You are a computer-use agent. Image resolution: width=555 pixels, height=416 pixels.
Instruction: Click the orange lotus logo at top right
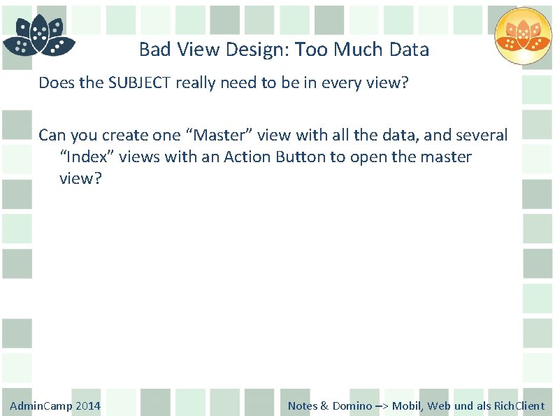pyautogui.click(x=523, y=36)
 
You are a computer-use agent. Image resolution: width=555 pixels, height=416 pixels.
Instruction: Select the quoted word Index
pyautogui.click(x=85, y=157)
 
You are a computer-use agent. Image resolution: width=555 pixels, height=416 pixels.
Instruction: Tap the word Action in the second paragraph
pyautogui.click(x=247, y=157)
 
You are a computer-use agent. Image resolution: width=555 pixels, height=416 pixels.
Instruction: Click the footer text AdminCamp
pyautogui.click(x=41, y=406)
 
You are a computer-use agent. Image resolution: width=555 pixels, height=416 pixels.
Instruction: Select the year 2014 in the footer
pyautogui.click(x=88, y=406)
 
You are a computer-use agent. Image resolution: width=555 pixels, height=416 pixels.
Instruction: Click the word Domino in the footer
pyautogui.click(x=352, y=406)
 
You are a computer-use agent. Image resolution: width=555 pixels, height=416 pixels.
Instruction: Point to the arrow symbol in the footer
pyautogui.click(x=382, y=406)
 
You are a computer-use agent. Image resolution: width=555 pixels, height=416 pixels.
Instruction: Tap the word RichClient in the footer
pyautogui.click(x=519, y=406)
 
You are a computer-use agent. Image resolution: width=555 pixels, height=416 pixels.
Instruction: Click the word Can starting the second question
pyautogui.click(x=53, y=135)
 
